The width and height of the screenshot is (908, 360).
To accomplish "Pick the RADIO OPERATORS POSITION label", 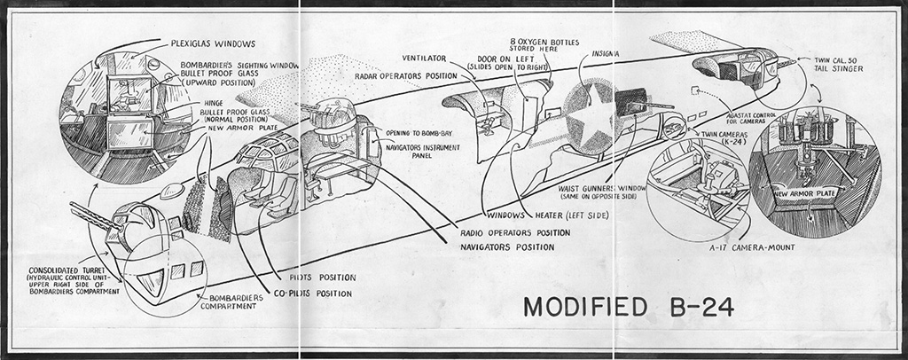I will [x=516, y=232].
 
